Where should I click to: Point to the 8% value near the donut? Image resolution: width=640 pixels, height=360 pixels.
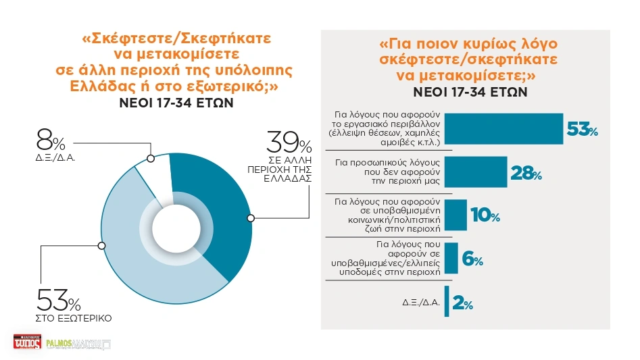51,143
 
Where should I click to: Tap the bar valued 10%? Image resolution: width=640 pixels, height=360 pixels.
456,215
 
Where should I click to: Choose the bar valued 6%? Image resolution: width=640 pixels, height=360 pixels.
451,258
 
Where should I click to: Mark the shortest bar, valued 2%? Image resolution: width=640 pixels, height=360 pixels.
447,302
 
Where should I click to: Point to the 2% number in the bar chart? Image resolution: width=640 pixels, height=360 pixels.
464,304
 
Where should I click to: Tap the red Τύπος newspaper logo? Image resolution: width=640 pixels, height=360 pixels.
27,342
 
